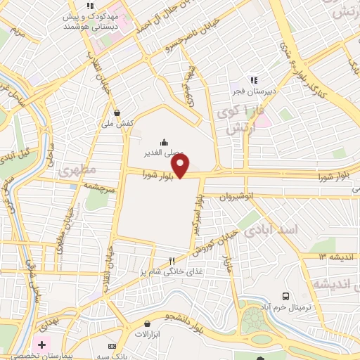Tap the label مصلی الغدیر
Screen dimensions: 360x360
coord(164,152)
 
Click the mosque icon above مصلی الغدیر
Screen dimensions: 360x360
coord(164,141)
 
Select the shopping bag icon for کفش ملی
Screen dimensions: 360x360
coord(117,112)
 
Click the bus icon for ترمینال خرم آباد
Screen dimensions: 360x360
coord(286,296)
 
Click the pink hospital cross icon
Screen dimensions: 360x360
coord(41,345)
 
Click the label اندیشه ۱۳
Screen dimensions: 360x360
coord(331,257)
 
